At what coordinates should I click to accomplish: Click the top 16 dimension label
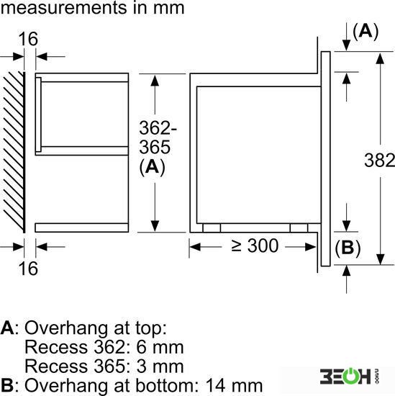coord(28,39)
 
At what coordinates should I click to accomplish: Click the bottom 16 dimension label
coord(28,269)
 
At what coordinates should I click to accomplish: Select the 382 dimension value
coord(379,160)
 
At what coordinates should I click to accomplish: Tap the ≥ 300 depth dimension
coord(255,246)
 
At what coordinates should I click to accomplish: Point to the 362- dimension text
coord(158,127)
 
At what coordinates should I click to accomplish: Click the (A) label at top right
coord(366,31)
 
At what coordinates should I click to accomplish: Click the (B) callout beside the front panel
coord(348,248)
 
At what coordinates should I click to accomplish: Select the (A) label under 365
coord(153,167)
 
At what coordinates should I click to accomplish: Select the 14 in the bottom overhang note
coord(216,385)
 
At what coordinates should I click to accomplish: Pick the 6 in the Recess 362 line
coord(141,348)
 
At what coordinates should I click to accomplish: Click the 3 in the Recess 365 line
coord(141,366)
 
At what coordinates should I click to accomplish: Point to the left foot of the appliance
coord(212,228)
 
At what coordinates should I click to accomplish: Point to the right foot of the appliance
coord(299,228)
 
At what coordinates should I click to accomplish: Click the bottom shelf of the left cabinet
coord(82,228)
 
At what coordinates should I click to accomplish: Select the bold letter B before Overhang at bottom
coord(6,385)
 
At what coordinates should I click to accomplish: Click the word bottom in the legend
coord(165,385)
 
